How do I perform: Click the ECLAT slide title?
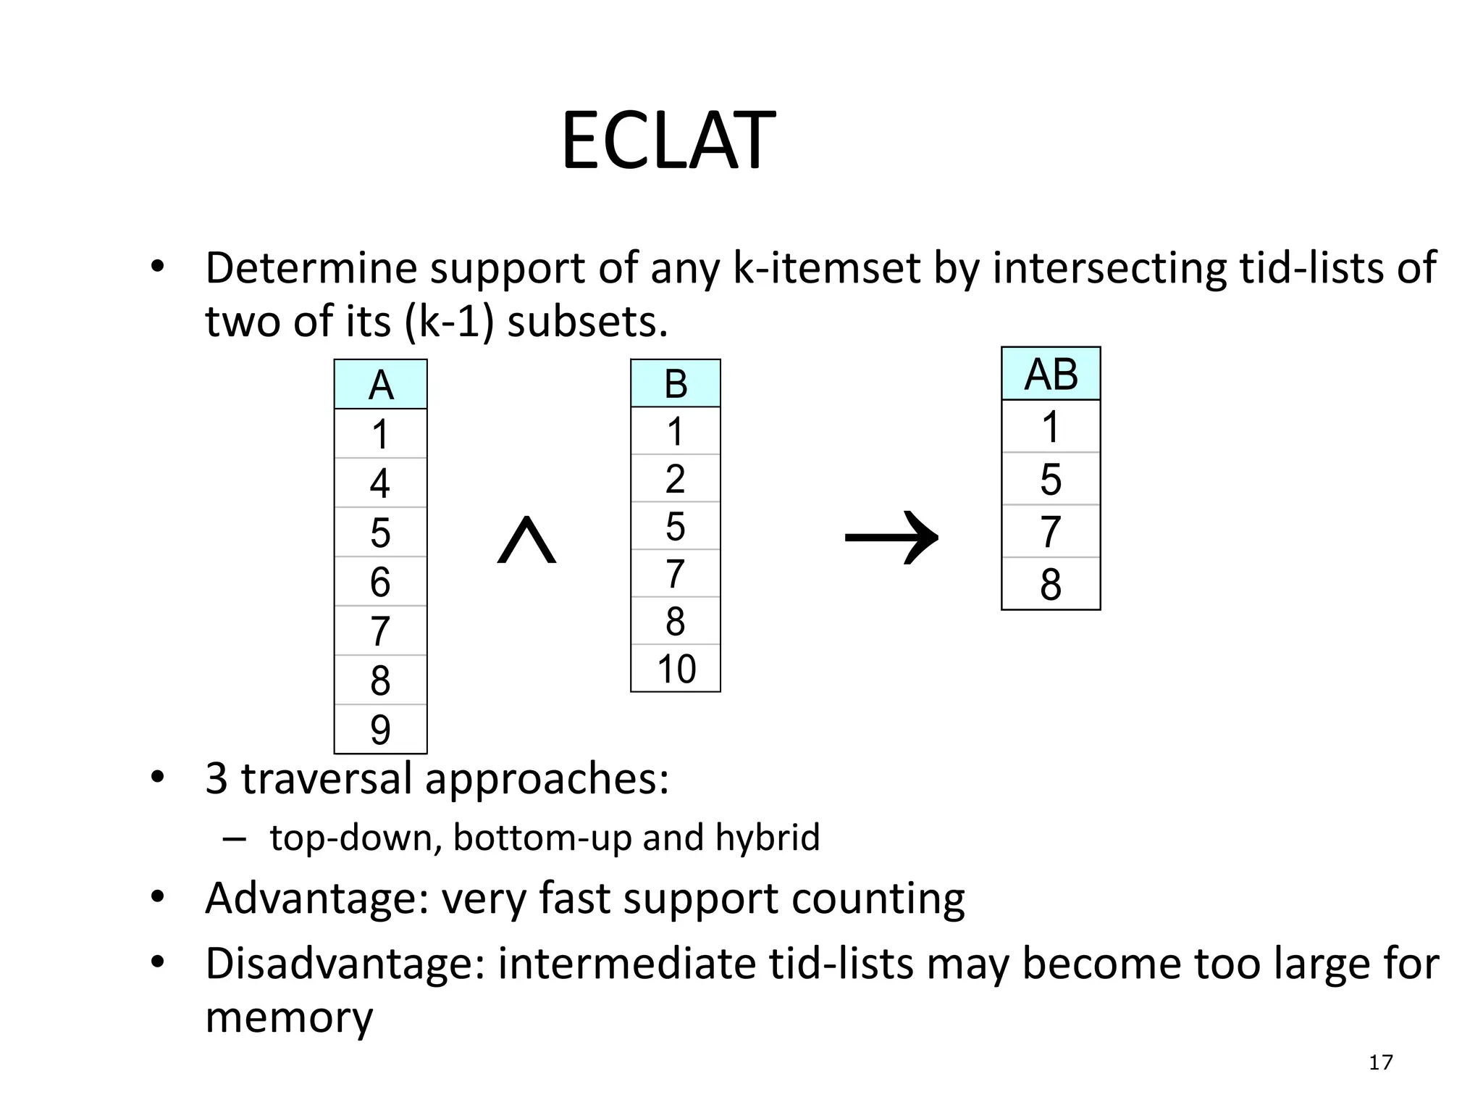coord(668,141)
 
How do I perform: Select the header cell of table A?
coord(380,385)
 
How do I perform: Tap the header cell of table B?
coord(675,383)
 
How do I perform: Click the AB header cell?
coord(1050,374)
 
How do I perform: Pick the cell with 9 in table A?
coord(380,729)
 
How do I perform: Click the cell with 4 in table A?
coord(380,483)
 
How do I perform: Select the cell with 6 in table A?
coord(380,581)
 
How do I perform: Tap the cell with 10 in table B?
coord(675,668)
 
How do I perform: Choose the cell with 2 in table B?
coord(675,478)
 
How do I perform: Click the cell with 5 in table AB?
coord(1050,479)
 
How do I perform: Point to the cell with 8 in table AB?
coord(1050,584)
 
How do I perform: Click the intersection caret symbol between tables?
coord(526,540)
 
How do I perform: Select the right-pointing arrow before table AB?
coord(891,538)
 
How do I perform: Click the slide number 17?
coord(1380,1062)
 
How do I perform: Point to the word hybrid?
coord(768,838)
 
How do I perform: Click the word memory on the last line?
coord(288,1017)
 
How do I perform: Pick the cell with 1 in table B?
coord(675,431)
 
